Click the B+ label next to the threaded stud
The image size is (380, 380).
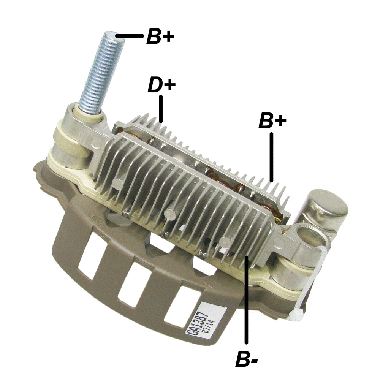[x=160, y=37]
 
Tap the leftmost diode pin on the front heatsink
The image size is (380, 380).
[x=117, y=184]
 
